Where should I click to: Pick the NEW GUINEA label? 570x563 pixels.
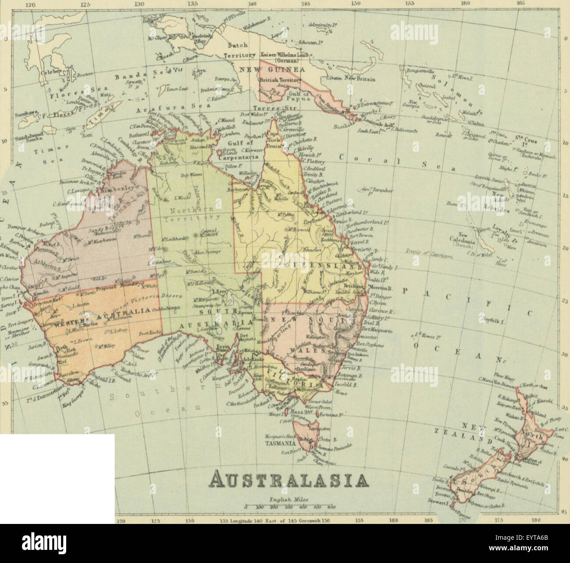pyautogui.click(x=272, y=70)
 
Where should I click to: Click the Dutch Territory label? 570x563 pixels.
pyautogui.click(x=239, y=50)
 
